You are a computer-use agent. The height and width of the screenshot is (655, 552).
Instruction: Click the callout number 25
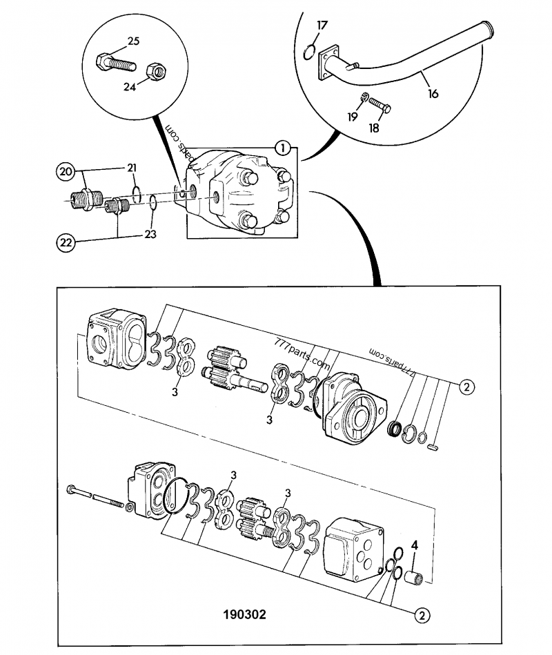point(133,41)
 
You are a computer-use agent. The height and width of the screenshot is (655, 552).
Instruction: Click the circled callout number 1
point(281,147)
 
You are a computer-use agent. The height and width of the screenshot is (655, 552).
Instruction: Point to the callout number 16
point(433,93)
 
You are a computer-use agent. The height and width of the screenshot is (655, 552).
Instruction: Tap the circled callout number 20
point(65,170)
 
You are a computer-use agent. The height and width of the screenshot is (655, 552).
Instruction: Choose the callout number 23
point(150,234)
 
